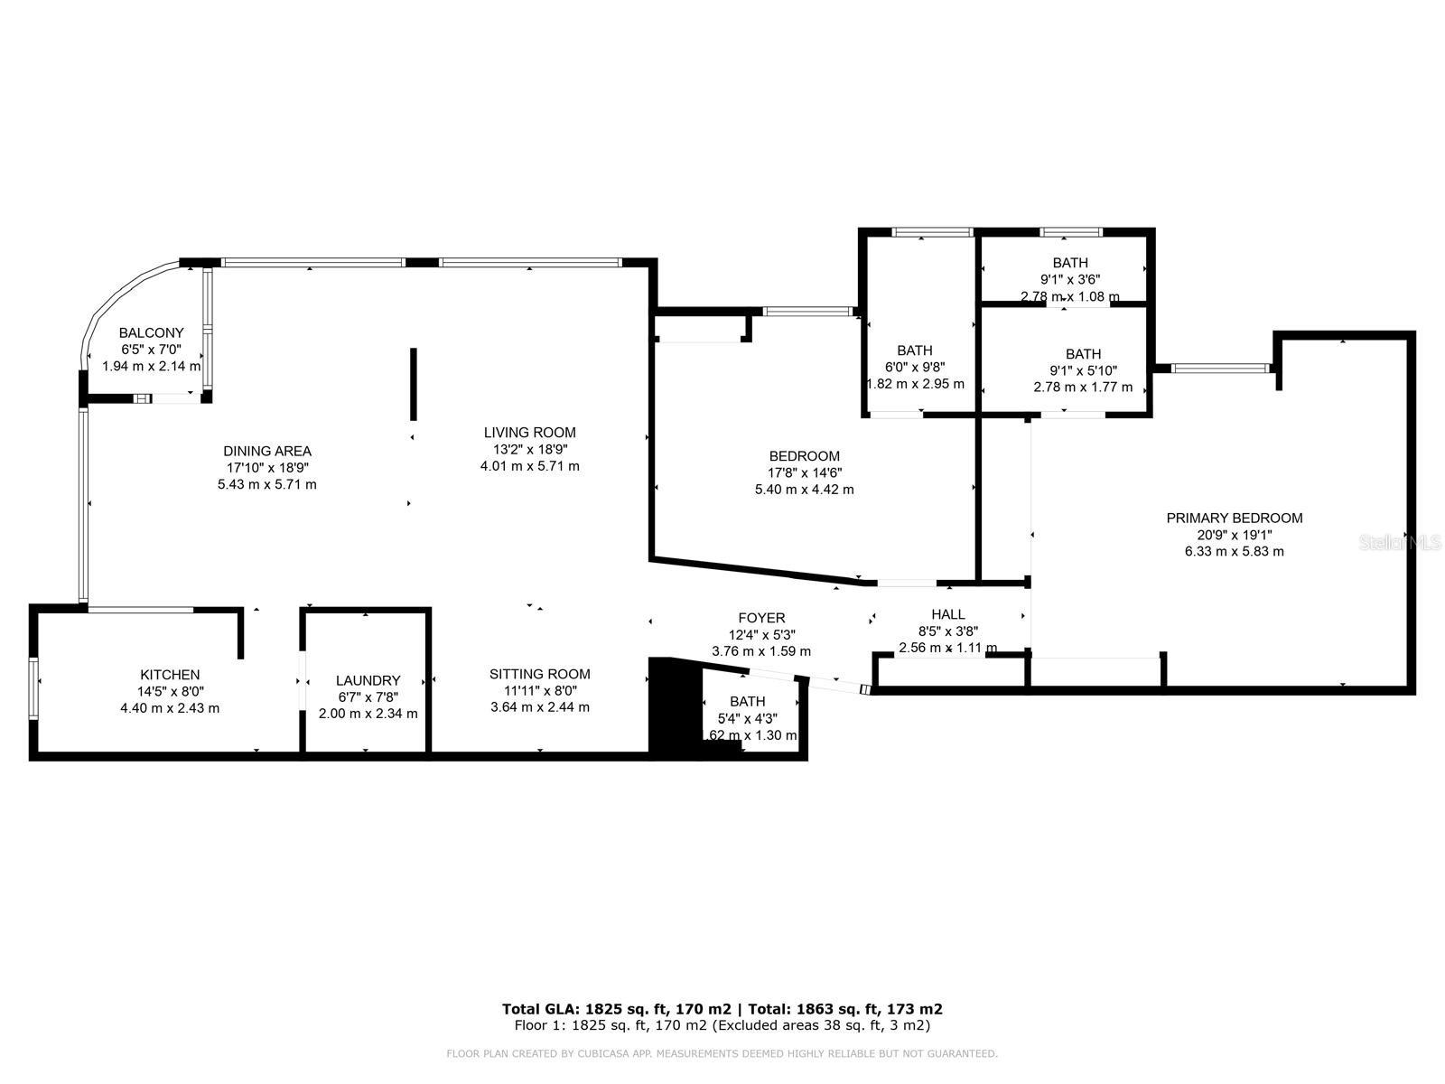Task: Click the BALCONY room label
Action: click(x=151, y=333)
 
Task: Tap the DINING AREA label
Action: click(x=267, y=452)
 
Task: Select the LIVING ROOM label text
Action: click(x=529, y=433)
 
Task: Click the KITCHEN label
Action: click(x=170, y=675)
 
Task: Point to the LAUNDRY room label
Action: click(x=368, y=681)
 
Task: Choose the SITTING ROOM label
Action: click(x=540, y=674)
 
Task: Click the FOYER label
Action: click(x=761, y=619)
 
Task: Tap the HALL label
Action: click(x=948, y=614)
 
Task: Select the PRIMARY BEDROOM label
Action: click(x=1234, y=519)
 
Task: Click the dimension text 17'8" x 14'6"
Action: click(x=804, y=472)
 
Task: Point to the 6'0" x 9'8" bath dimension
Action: click(x=915, y=367)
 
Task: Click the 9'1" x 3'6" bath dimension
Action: click(x=1069, y=280)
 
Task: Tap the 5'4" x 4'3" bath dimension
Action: click(x=747, y=718)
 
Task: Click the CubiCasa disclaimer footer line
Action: click(x=722, y=1053)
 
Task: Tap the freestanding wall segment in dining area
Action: click(x=414, y=384)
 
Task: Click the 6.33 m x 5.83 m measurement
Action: click(x=1234, y=551)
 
